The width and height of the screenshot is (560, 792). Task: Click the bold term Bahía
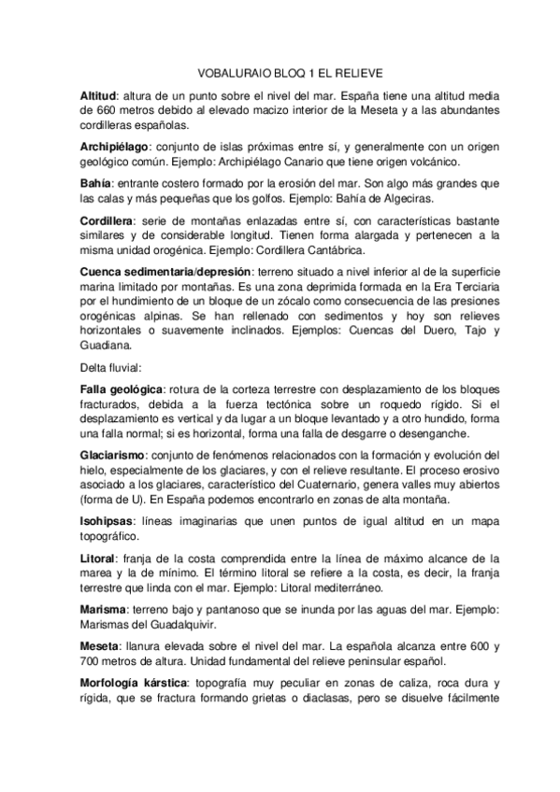(x=96, y=184)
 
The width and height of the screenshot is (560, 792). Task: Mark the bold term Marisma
(x=103, y=607)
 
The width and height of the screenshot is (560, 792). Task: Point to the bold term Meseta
(x=99, y=645)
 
